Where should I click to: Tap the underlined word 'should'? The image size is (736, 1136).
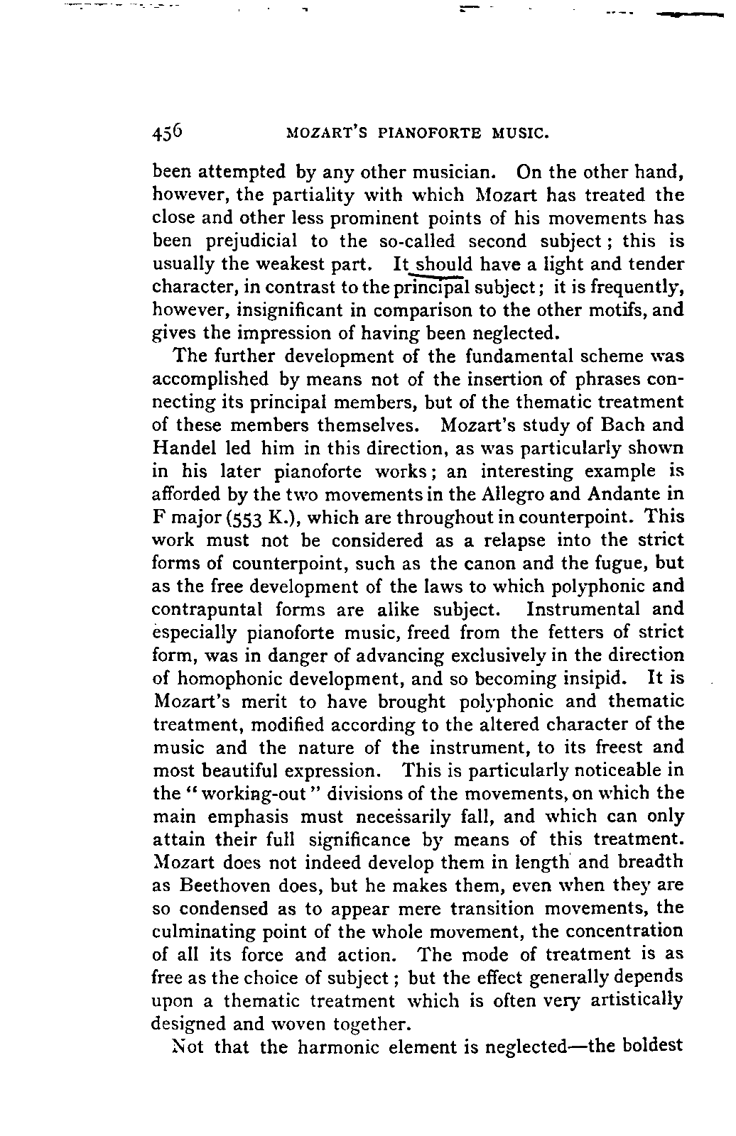(x=445, y=264)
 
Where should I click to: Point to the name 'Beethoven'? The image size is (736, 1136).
(x=229, y=885)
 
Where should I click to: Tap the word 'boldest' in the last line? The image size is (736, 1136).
(x=651, y=1047)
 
